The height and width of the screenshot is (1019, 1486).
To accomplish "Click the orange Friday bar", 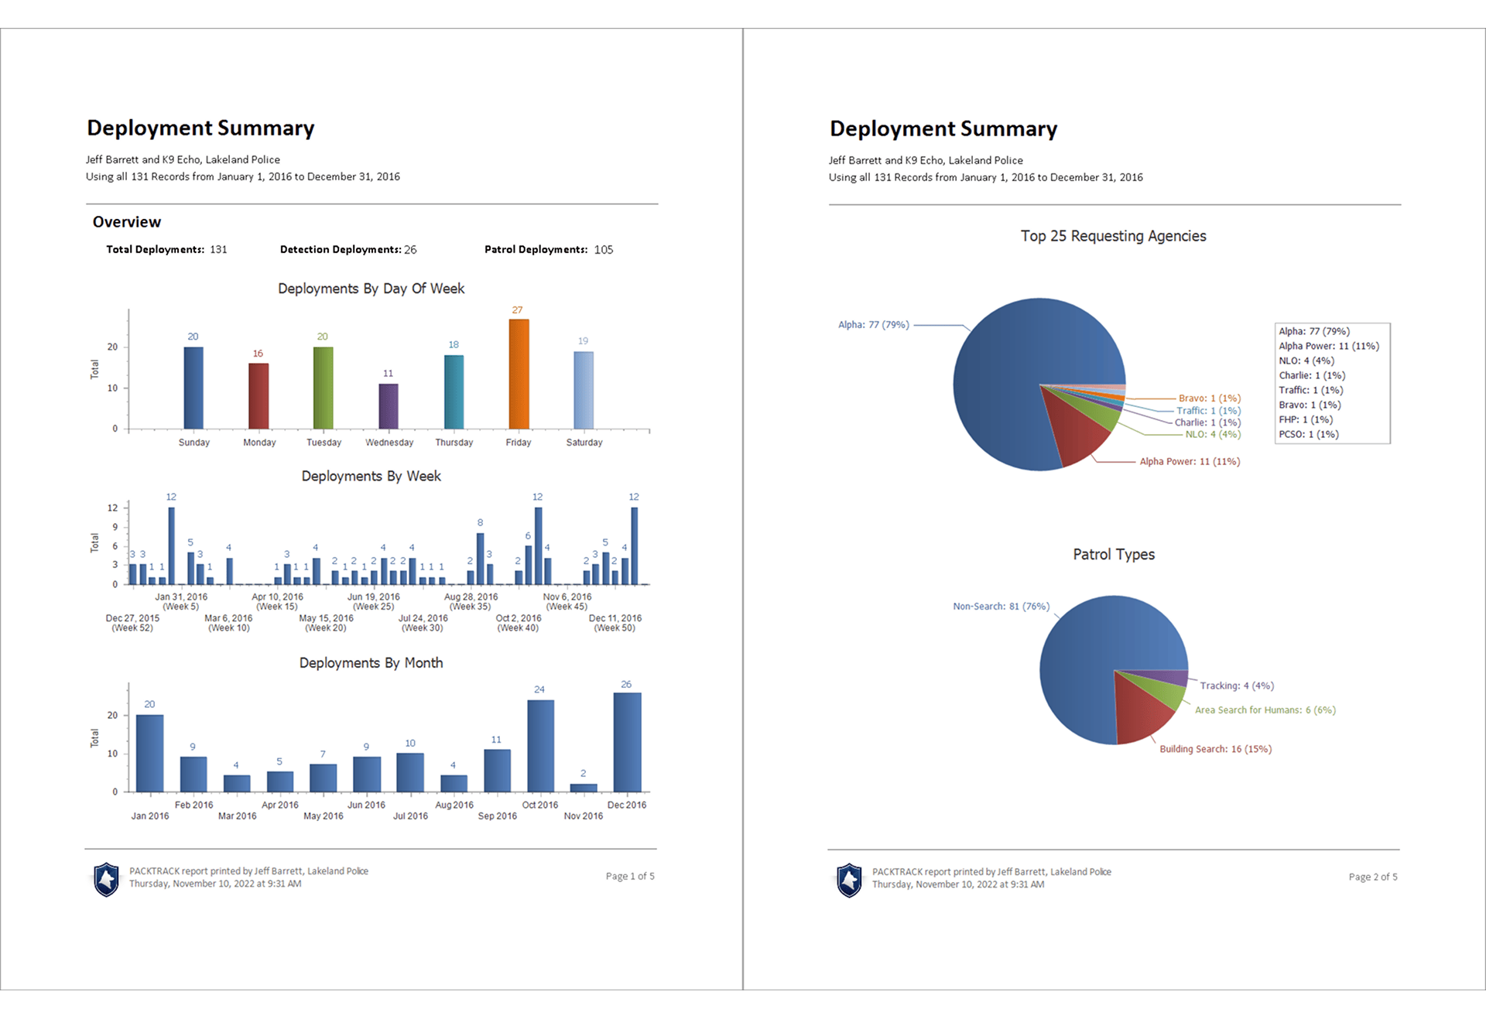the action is [x=519, y=374].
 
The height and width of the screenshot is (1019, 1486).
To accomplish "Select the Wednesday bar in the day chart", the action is [x=389, y=406].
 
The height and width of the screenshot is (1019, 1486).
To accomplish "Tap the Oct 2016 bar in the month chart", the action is [x=540, y=746].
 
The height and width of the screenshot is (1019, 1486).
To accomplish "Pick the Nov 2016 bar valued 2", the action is [x=584, y=788].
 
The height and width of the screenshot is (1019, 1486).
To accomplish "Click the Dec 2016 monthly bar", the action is [x=627, y=742].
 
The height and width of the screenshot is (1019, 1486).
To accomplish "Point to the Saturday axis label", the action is [x=584, y=443].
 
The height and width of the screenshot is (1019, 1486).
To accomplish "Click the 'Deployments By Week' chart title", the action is [x=371, y=476].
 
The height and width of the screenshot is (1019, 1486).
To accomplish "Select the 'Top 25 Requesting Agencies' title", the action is [x=1113, y=236].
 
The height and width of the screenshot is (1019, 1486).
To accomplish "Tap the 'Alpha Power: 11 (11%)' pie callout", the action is [x=1190, y=461].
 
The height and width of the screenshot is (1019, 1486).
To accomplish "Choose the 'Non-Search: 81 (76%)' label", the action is [x=1001, y=607].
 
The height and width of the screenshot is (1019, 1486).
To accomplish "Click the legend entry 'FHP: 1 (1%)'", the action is [x=1306, y=419].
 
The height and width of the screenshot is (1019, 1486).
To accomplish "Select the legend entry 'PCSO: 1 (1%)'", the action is [x=1309, y=434].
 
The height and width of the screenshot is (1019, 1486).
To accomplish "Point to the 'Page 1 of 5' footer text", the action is [x=630, y=876].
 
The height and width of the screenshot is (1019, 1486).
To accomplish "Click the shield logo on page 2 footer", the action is [x=849, y=880].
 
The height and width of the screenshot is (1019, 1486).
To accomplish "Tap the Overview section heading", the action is [x=127, y=222].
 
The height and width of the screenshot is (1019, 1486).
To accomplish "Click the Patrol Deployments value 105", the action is [x=604, y=250].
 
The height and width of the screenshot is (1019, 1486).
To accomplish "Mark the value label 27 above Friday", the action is [x=517, y=309].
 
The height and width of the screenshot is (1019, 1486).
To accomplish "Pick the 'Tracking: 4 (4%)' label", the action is [x=1237, y=686].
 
